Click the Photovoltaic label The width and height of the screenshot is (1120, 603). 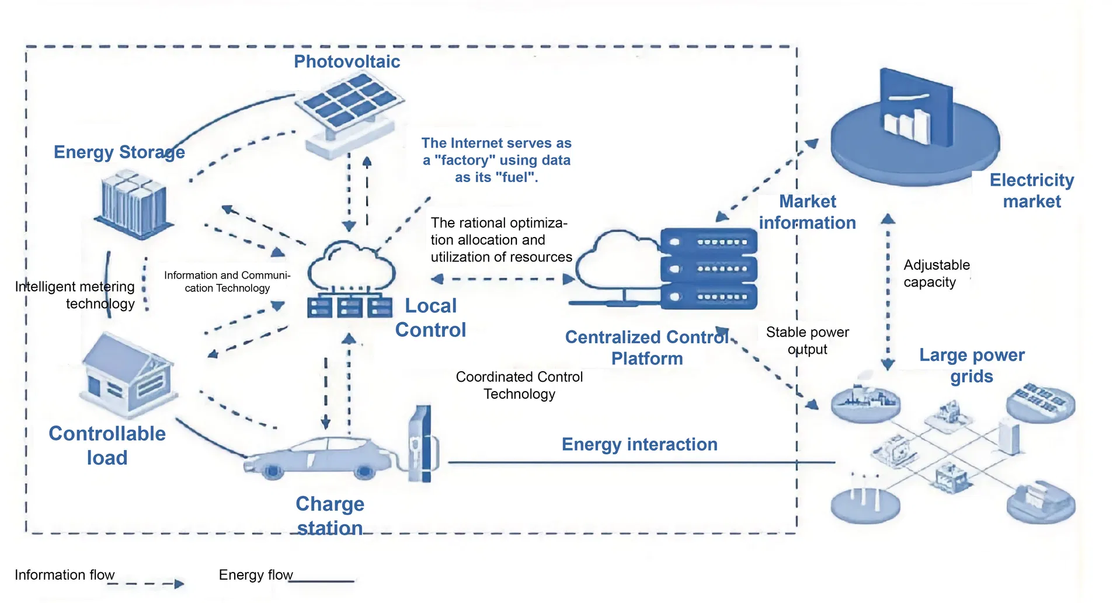coord(347,61)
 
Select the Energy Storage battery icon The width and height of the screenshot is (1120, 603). coord(134,204)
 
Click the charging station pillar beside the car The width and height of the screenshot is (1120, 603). coord(422,444)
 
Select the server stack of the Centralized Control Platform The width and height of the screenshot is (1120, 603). coord(708,269)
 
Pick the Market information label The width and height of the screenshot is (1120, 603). coord(808,212)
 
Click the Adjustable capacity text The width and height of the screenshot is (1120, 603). coord(937,273)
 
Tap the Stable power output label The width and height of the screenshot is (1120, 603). coord(808,340)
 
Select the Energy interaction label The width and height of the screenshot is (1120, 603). coord(639,444)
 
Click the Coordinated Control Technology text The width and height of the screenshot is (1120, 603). coord(519,385)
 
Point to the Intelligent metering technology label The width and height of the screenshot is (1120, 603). coord(75,295)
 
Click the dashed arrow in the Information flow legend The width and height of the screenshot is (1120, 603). coord(146,583)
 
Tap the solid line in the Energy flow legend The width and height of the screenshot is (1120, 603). coord(324,581)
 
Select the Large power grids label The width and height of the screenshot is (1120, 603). coord(972,365)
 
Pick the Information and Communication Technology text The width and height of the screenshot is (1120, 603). coord(227,281)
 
